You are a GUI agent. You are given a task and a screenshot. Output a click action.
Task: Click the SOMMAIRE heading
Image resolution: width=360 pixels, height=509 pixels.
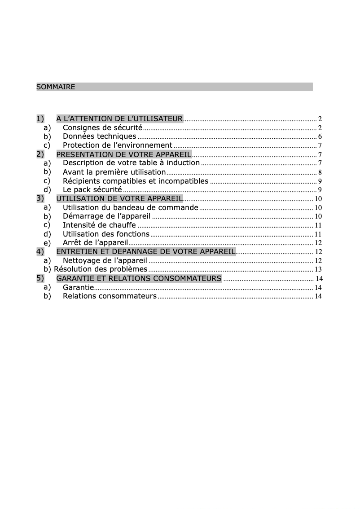pyautogui.click(x=56, y=87)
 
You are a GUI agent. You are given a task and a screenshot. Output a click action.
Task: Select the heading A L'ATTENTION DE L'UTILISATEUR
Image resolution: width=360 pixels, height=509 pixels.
pyautogui.click(x=119, y=119)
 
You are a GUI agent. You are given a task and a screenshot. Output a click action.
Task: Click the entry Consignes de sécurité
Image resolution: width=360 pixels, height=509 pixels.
pyautogui.click(x=102, y=128)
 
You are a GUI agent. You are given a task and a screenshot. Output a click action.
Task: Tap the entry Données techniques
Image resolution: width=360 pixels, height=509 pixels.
pyautogui.click(x=99, y=136)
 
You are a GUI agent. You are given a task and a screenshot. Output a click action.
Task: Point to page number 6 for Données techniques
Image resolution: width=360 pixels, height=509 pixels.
pyautogui.click(x=320, y=137)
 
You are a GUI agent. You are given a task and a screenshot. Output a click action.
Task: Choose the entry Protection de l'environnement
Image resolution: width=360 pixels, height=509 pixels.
pyautogui.click(x=117, y=145)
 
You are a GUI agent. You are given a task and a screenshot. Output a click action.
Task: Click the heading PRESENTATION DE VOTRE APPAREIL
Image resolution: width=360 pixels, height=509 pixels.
pyautogui.click(x=123, y=154)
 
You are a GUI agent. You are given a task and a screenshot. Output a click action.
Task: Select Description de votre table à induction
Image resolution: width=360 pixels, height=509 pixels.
pyautogui.click(x=131, y=163)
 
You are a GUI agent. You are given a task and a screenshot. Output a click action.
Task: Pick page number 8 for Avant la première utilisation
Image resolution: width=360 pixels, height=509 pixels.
pyautogui.click(x=320, y=172)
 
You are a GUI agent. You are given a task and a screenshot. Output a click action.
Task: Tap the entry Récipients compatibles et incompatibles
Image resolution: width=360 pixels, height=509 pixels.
pyautogui.click(x=136, y=181)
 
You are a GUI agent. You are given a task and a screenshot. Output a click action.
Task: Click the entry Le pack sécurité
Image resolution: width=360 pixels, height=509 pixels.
pyautogui.click(x=92, y=190)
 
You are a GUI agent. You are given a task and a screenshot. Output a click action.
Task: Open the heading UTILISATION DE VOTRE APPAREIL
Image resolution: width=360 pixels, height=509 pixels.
pyautogui.click(x=119, y=198)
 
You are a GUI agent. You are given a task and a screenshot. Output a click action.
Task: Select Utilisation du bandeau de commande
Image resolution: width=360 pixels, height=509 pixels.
pyautogui.click(x=130, y=207)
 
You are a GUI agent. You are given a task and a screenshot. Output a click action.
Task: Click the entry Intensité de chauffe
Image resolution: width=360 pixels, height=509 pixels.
pyautogui.click(x=99, y=225)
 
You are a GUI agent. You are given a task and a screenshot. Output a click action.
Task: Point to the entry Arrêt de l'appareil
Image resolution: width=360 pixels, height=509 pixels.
pyautogui.click(x=96, y=243)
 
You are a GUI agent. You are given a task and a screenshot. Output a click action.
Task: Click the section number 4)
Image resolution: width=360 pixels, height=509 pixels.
pyautogui.click(x=40, y=251)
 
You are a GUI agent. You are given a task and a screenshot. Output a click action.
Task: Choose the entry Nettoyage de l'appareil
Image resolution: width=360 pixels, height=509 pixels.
pyautogui.click(x=105, y=260)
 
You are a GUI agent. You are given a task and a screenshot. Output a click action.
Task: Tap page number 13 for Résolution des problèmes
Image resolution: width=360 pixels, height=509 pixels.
pyautogui.click(x=318, y=270)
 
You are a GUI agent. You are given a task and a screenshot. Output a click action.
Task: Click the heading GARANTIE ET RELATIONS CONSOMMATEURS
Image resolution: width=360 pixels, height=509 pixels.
pyautogui.click(x=139, y=279)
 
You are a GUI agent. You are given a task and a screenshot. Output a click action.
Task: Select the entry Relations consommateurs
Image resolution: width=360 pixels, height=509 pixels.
pyautogui.click(x=110, y=296)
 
